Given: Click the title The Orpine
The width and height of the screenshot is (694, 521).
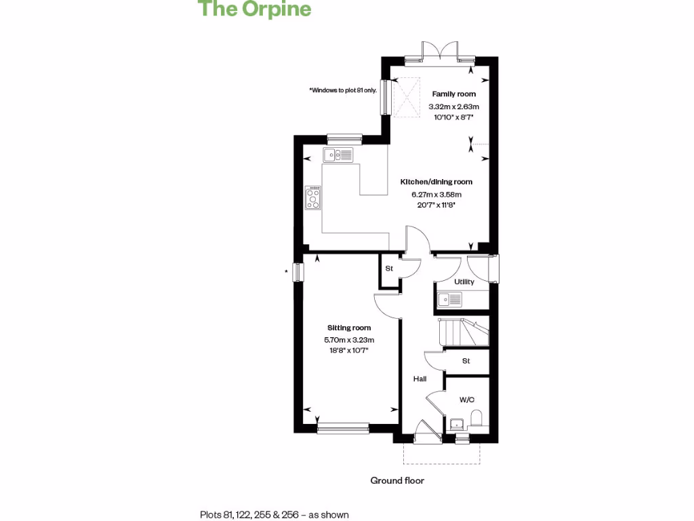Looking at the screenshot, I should pos(254,9).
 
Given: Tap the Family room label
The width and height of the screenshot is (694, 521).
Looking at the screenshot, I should pos(453,94).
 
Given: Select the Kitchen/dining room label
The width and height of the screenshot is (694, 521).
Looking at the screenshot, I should pos(436,182).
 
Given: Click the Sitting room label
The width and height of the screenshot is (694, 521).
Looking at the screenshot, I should pos(349,328).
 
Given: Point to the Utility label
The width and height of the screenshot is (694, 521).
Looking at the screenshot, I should pos(464,282).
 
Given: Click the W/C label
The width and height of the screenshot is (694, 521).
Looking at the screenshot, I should pos(467,400).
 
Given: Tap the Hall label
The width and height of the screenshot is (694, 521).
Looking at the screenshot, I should pos(420,379).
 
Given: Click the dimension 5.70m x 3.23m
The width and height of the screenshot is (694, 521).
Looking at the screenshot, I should pos(349,340).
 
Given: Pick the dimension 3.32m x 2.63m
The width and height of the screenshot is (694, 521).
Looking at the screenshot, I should pos(453,107).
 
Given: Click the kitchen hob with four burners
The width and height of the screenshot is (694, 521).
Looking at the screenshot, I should pos(314,198).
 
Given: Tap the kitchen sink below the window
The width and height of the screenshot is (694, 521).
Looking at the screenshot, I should pos(338,155).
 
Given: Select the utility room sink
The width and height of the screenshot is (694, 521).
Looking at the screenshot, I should pos(451,298).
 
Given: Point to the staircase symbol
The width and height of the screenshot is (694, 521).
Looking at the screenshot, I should pos(463,332).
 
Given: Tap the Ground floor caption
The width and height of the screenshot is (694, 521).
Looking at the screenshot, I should pos(397,480).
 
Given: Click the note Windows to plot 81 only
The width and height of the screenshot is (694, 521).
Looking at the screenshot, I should pos(343,90).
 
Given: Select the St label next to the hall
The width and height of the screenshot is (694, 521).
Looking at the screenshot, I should pos(466,361).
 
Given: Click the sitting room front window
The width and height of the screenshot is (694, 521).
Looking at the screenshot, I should pos(342,427).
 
